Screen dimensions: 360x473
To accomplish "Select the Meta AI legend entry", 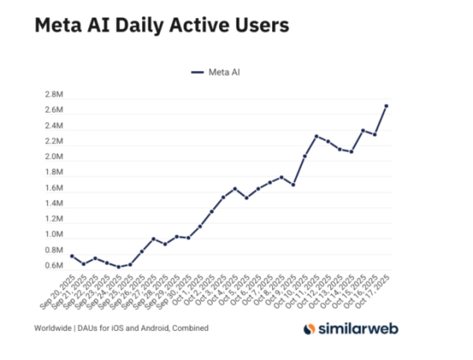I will tap(218, 72).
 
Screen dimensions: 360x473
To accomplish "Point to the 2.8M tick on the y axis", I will tap(54, 95).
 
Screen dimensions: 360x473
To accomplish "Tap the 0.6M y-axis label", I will tap(54, 265).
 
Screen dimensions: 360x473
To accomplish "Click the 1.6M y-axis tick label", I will tap(54, 188).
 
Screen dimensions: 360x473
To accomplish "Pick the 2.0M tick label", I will tap(54, 157).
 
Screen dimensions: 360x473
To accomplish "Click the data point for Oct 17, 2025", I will tap(386, 106).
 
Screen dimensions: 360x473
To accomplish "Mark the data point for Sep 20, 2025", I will tap(72, 256).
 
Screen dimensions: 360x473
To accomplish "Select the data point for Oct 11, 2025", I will tap(316, 136).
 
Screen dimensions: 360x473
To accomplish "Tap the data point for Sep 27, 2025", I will tap(153, 239).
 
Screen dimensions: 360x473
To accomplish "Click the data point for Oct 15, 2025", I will tap(363, 130).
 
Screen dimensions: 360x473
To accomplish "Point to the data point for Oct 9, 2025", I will tap(293, 184).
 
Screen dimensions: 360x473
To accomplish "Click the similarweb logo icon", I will tap(311, 327).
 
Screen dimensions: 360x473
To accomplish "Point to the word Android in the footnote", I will tap(156, 327).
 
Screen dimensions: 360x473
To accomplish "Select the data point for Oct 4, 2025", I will tap(235, 189).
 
